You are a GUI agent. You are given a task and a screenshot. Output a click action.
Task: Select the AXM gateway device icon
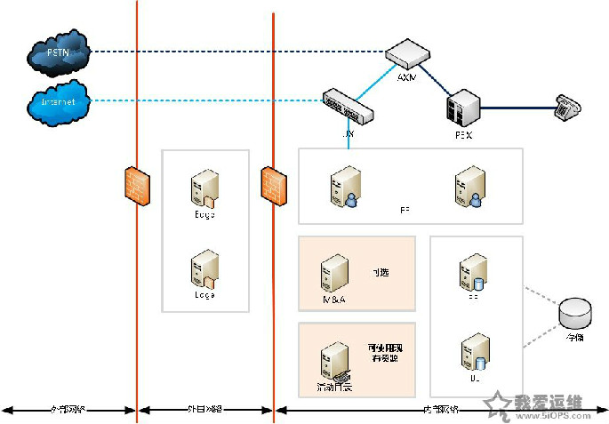[x=407, y=54]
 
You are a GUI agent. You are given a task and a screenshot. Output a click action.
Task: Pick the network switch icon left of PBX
[x=348, y=106]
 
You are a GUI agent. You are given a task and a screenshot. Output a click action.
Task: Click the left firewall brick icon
[x=136, y=185]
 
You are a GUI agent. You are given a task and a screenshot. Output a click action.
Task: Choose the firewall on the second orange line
[x=273, y=185]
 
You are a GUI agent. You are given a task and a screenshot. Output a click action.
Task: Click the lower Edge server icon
[x=204, y=268]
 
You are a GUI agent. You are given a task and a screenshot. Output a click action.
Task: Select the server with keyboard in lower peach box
[x=334, y=361]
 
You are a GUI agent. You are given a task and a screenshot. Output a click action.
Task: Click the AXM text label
[x=406, y=77]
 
